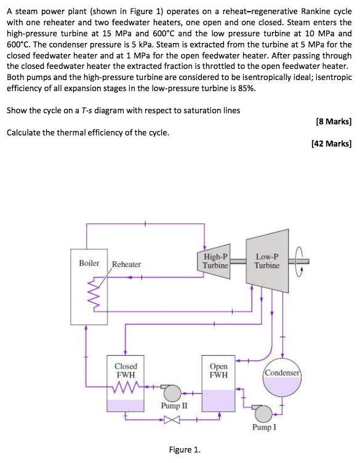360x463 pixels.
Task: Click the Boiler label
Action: pyautogui.click(x=89, y=263)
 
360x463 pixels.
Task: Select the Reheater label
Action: pyautogui.click(x=126, y=264)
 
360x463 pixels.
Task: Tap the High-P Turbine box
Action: pyautogui.click(x=216, y=261)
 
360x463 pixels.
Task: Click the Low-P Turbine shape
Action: pyautogui.click(x=266, y=262)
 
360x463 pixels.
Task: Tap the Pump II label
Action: pyautogui.click(x=172, y=406)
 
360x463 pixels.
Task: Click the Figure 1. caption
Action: pyautogui.click(x=185, y=449)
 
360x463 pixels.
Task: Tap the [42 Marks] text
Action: pyautogui.click(x=333, y=144)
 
